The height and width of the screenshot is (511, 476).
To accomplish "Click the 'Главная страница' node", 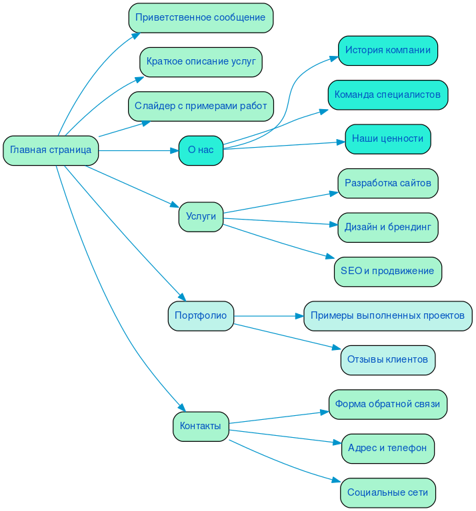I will [x=51, y=150].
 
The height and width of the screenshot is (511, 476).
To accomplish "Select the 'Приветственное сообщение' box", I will [x=201, y=17].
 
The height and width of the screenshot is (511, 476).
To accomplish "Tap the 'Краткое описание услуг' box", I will [x=201, y=62].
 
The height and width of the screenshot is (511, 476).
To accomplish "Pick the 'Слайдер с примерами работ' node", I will [x=201, y=106].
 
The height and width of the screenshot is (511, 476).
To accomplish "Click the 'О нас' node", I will [x=201, y=150].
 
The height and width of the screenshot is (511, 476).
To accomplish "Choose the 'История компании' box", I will [x=387, y=51].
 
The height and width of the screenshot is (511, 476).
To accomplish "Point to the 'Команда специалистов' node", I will [x=387, y=94].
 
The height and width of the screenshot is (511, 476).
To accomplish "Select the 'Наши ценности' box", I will [x=387, y=138].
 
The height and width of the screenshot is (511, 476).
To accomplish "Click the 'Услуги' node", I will [x=201, y=216].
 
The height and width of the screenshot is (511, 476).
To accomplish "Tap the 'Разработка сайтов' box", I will [x=387, y=183].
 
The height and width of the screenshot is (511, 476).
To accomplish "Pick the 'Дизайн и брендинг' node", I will [x=387, y=227].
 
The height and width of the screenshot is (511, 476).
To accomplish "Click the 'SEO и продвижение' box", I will [x=387, y=271].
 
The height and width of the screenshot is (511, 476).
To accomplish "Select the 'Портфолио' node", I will [x=201, y=315].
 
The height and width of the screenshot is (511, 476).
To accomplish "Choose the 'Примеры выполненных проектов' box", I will [x=387, y=315].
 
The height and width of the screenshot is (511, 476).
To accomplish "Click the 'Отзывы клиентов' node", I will [x=387, y=360].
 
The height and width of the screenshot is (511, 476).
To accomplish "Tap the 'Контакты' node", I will [x=201, y=426].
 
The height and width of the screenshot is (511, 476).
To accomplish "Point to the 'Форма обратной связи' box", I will [x=387, y=404].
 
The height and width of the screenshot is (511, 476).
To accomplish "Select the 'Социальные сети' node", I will [x=387, y=492].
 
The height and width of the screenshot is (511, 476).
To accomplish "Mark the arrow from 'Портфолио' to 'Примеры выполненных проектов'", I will [x=267, y=315].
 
